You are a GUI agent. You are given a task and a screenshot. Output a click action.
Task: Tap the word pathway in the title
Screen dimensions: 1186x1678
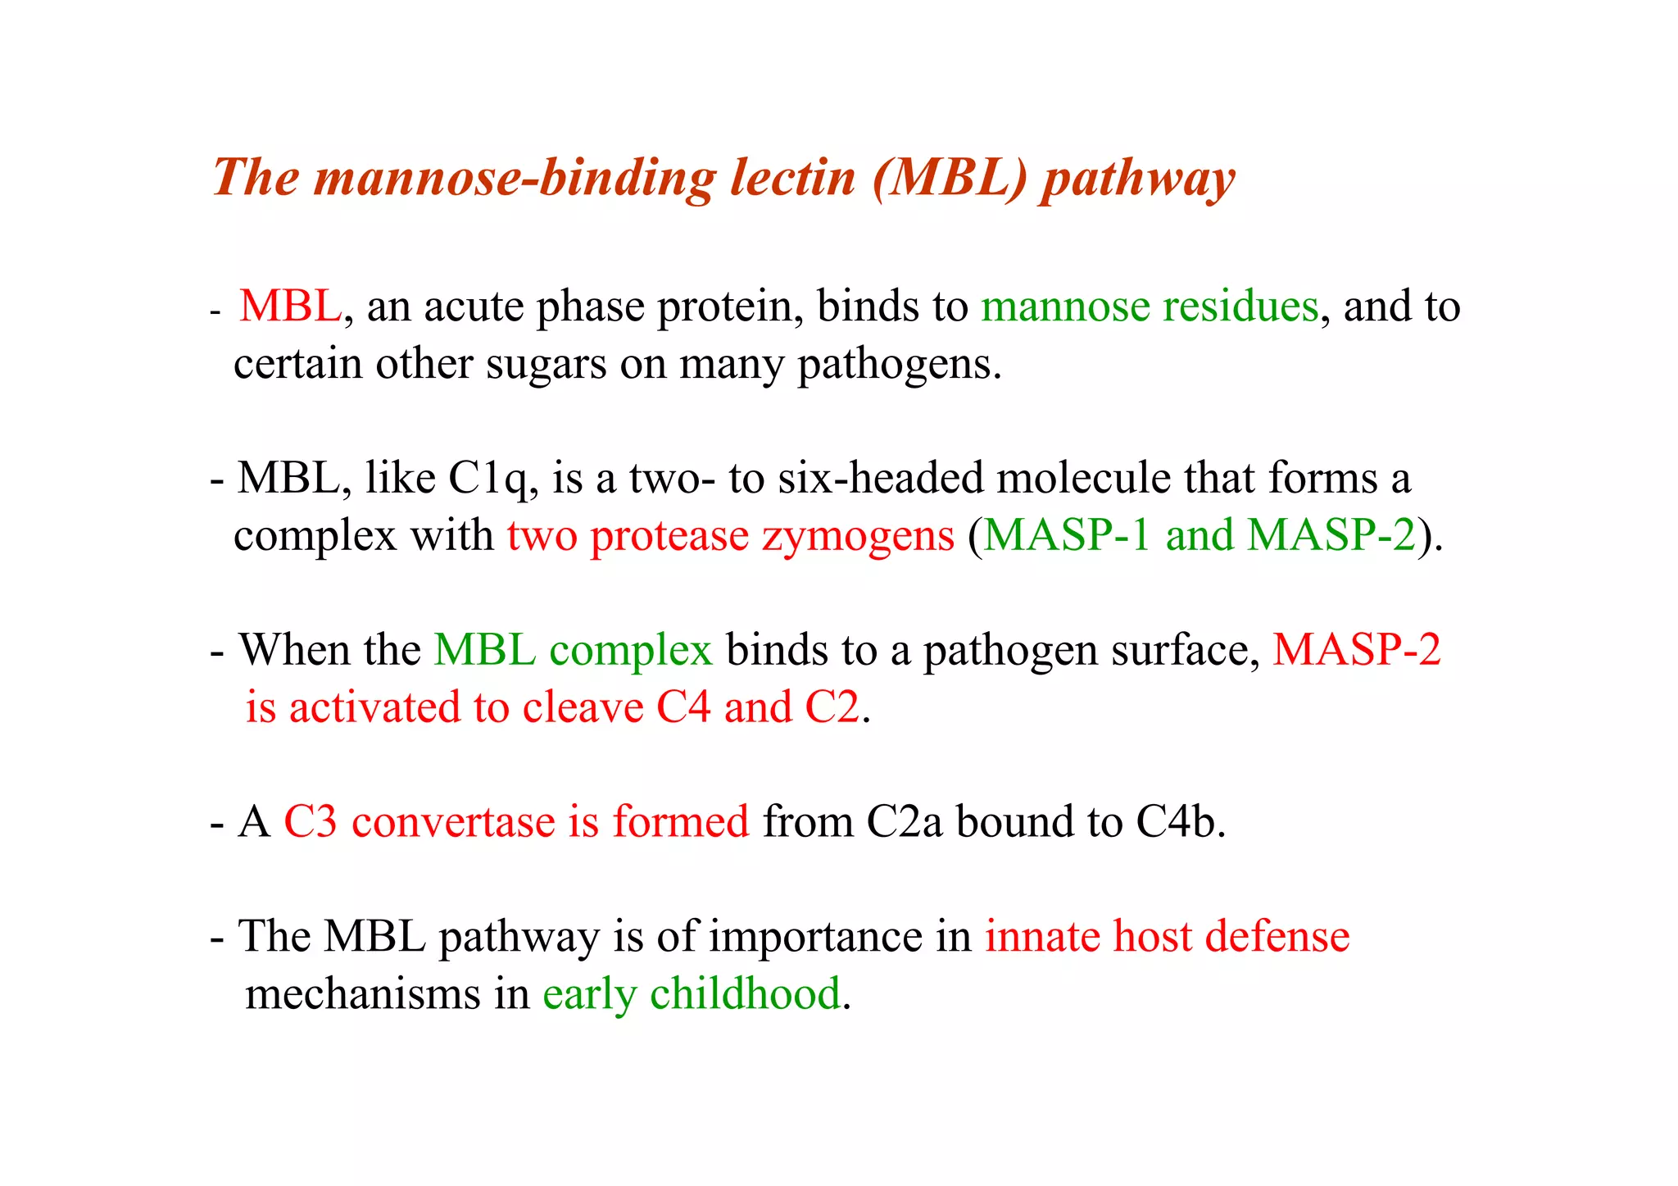(1137, 179)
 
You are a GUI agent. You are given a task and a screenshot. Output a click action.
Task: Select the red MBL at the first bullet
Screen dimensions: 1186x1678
(290, 307)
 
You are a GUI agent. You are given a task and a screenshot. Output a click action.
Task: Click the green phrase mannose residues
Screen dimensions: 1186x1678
(1150, 307)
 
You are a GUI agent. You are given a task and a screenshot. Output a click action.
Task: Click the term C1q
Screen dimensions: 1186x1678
(489, 479)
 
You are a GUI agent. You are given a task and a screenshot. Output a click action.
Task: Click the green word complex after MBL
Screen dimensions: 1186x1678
(631, 651)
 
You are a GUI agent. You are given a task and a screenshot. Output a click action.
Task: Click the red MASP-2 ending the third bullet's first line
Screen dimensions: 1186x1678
(1356, 651)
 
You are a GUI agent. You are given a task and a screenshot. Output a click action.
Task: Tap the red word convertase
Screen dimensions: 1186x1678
(453, 822)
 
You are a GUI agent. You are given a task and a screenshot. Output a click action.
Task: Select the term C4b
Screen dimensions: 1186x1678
(1180, 822)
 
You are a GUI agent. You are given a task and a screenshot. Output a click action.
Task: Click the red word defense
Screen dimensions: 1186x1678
(1277, 937)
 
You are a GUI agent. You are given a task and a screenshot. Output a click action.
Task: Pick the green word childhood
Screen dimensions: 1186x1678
(745, 994)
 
